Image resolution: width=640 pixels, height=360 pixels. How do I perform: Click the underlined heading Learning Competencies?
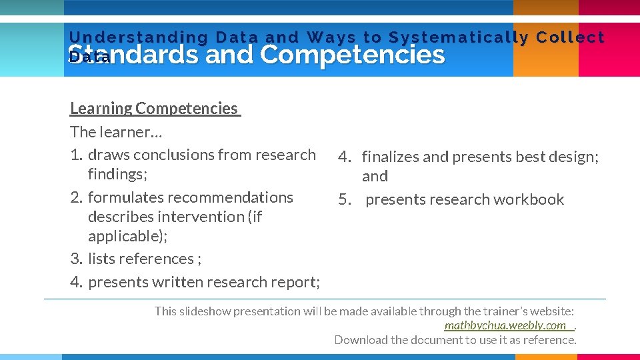coord(154,109)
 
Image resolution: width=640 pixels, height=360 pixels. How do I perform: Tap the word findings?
coord(117,174)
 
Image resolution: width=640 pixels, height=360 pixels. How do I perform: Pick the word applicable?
coord(126,236)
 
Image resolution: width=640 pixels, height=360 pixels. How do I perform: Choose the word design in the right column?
coord(572,157)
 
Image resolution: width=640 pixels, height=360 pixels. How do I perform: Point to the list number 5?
coord(344,199)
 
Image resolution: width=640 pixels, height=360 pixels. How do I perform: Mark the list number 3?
coord(76,259)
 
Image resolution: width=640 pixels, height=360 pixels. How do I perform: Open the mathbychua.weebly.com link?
coord(505,325)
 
